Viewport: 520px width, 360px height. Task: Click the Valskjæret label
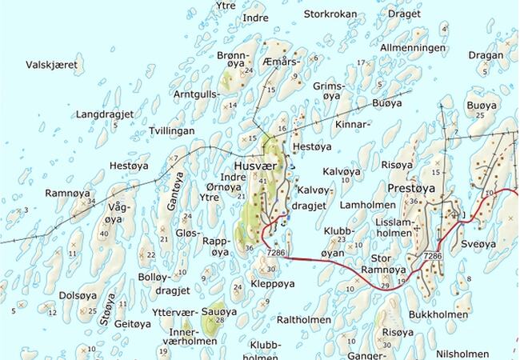point(54,65)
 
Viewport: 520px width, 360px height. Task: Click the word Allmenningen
point(413,48)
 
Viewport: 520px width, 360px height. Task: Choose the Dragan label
point(486,55)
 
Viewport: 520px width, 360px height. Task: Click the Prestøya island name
point(410,188)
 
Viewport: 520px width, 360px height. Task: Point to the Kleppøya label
point(274,283)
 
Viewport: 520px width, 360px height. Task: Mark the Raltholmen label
point(304,318)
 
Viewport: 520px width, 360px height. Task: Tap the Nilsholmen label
point(463,354)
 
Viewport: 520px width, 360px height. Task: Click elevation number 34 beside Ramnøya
point(91,201)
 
